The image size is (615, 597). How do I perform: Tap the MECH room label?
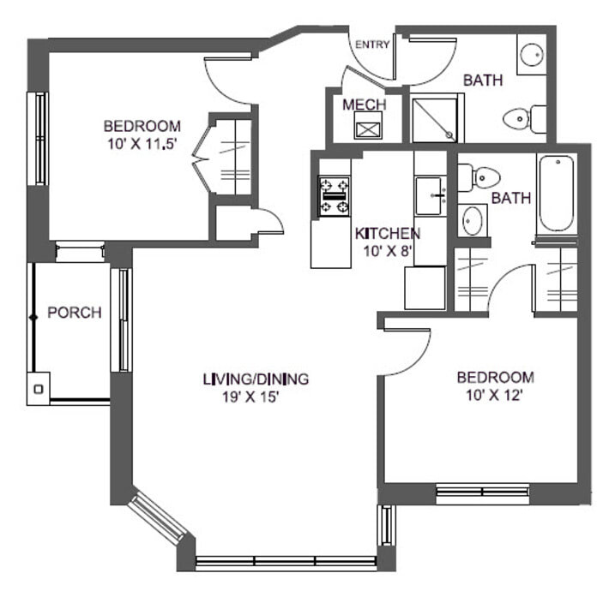click(x=365, y=104)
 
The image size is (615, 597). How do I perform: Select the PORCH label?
click(x=74, y=313)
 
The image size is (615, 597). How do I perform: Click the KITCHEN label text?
click(x=387, y=233)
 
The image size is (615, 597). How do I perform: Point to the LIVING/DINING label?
click(x=256, y=379)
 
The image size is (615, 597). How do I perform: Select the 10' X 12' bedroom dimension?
click(x=495, y=396)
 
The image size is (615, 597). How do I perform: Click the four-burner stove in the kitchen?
click(x=335, y=195)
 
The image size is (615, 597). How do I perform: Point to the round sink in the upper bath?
click(x=530, y=53)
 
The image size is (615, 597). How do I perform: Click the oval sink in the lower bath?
click(x=472, y=220)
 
